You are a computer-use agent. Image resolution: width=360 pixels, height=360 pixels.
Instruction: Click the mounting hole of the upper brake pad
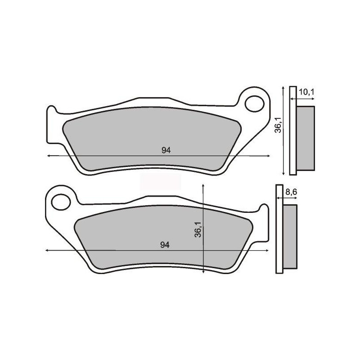pyautogui.click(x=255, y=102)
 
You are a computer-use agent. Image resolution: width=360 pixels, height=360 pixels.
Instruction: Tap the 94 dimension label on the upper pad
pyautogui.click(x=166, y=150)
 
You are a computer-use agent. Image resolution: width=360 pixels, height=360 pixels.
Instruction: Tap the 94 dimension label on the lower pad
pyautogui.click(x=165, y=245)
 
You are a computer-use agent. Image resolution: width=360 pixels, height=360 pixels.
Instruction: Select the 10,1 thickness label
pyautogui.click(x=306, y=92)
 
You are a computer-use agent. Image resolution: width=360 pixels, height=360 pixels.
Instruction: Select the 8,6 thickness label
pyautogui.click(x=292, y=192)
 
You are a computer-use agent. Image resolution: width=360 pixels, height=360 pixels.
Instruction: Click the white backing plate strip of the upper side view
pyautogui.click(x=292, y=130)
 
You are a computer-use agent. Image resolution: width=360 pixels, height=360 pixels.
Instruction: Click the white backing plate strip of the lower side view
pyautogui.click(x=278, y=229)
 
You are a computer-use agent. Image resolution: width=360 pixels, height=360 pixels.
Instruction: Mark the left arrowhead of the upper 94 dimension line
pyautogui.click(x=49, y=156)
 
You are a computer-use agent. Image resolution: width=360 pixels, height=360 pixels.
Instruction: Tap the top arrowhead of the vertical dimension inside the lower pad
pyautogui.click(x=204, y=185)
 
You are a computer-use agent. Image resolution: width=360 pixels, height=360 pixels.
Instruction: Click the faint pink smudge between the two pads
pyautogui.click(x=160, y=181)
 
